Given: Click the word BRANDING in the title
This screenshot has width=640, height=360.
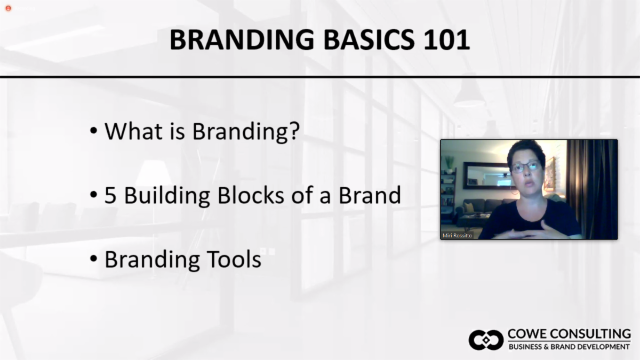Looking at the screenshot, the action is pyautogui.click(x=242, y=39).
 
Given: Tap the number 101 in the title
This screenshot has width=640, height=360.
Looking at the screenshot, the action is pyautogui.click(x=446, y=39).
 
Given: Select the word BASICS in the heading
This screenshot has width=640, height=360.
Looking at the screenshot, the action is pyautogui.click(x=369, y=39).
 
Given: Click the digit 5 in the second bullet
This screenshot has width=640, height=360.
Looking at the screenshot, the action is pyautogui.click(x=110, y=195).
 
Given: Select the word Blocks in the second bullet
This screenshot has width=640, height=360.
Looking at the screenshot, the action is pyautogui.click(x=251, y=195).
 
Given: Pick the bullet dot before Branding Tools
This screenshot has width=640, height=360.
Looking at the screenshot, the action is pyautogui.click(x=93, y=259).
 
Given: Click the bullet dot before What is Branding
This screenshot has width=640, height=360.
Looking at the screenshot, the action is pyautogui.click(x=93, y=131).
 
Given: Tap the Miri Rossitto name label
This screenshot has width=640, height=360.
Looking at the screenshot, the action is pyautogui.click(x=457, y=235).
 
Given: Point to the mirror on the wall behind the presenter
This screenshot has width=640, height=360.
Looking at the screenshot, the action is pyautogui.click(x=486, y=175).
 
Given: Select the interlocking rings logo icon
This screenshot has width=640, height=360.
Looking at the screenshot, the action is pyautogui.click(x=486, y=340).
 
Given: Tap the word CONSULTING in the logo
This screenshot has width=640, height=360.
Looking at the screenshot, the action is pyautogui.click(x=590, y=334).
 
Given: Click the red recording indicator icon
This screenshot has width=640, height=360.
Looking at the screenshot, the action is pyautogui.click(x=9, y=9).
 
